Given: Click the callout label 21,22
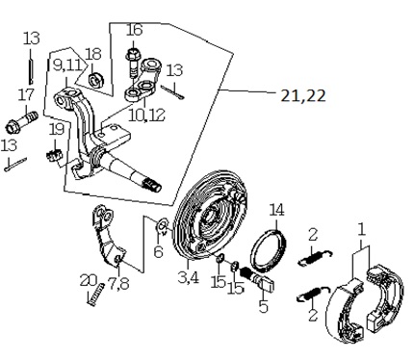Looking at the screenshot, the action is pos(303,95).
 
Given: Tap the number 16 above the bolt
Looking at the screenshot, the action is pos(134,30).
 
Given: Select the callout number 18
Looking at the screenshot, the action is pos(93,54).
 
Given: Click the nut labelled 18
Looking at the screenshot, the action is pos(94,80).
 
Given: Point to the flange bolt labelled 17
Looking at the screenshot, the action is pos(22,122).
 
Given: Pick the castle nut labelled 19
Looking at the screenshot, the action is pos(54,156).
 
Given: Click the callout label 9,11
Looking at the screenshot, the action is pos(67,65).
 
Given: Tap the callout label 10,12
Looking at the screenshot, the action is pos(146,115).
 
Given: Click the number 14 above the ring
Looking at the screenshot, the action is pos(276,210).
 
